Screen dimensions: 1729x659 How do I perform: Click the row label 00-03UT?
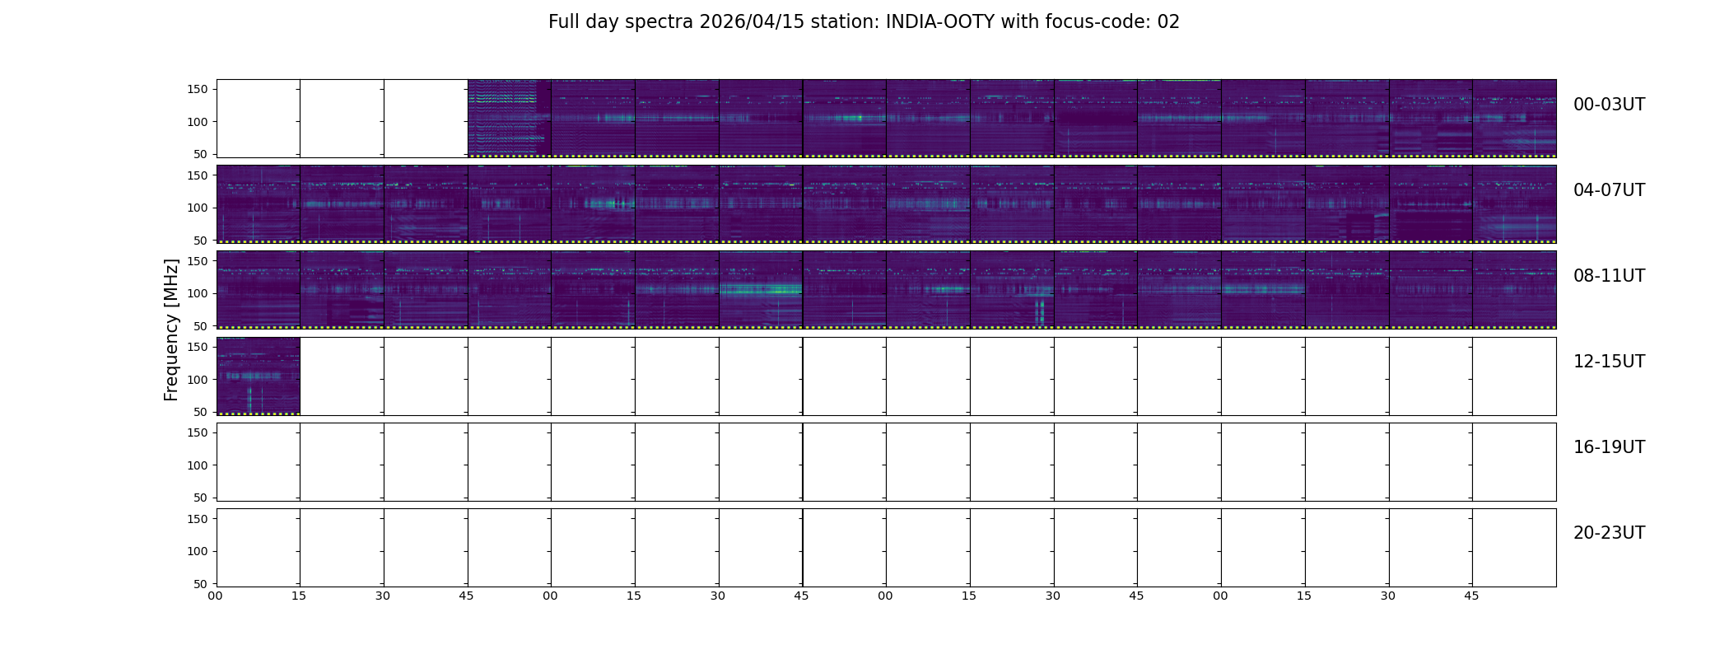pos(1609,105)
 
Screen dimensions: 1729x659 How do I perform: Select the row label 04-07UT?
pos(1609,190)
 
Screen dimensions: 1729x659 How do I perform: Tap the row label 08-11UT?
pos(1609,276)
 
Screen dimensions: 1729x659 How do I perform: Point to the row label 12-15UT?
pos(1609,362)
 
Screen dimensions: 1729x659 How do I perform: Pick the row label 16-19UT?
pos(1609,447)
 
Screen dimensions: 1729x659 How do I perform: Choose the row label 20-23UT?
pos(1609,533)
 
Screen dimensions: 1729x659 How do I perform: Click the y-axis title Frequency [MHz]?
pos(171,329)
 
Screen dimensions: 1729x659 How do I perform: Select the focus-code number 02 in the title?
pos(1169,22)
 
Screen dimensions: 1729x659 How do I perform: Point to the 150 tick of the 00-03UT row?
pos(198,89)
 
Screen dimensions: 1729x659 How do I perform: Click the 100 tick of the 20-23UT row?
pos(198,551)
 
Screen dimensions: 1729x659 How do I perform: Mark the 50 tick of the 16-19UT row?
pos(201,498)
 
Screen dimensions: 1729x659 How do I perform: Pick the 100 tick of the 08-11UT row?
pos(198,293)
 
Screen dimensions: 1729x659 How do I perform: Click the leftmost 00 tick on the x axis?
pos(216,596)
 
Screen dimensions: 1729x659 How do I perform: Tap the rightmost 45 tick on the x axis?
pos(1471,596)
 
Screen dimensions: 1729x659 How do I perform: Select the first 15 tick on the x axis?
pos(299,596)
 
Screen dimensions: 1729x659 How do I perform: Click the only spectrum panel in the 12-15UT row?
pos(259,376)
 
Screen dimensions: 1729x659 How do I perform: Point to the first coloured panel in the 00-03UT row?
pos(510,119)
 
